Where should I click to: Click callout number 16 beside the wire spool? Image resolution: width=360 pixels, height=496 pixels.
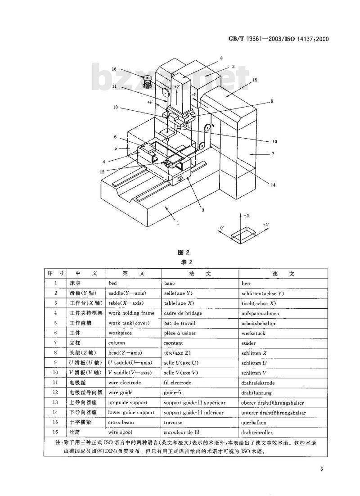pyautogui.click(x=114, y=69)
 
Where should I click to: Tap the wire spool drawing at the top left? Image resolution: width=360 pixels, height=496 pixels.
pyautogui.click(x=147, y=81)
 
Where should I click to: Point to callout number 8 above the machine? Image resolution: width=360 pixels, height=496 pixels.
pyautogui.click(x=221, y=58)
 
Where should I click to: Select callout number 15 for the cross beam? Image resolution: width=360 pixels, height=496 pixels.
pyautogui.click(x=255, y=81)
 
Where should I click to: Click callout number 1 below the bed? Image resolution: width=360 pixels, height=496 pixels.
pyautogui.click(x=178, y=223)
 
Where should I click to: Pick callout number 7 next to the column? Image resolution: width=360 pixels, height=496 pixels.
pyautogui.click(x=273, y=154)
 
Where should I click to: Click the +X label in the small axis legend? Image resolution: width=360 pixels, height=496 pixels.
pyautogui.click(x=266, y=225)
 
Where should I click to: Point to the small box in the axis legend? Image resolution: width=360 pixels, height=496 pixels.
pyautogui.click(x=243, y=234)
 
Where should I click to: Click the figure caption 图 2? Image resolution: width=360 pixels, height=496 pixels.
pyautogui.click(x=184, y=253)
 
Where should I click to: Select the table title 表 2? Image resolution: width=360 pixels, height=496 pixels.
pyautogui.click(x=187, y=262)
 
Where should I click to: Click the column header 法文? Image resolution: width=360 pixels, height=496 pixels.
pyautogui.click(x=200, y=274)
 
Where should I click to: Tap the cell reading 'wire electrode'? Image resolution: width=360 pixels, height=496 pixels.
pyautogui.click(x=124, y=383)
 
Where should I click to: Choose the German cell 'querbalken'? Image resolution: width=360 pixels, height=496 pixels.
pyautogui.click(x=254, y=423)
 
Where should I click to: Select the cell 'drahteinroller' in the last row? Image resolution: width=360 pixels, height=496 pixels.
pyautogui.click(x=256, y=433)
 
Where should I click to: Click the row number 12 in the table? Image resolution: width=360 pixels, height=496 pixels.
pyautogui.click(x=55, y=392)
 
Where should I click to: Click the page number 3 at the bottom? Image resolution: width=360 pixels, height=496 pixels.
pyautogui.click(x=321, y=469)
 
